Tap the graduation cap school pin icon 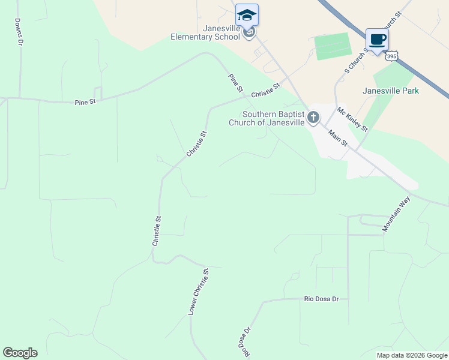tap(247, 15)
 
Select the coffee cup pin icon tap(376, 40)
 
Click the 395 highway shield tap(391, 56)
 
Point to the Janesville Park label tap(391, 91)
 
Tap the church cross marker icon tap(313, 118)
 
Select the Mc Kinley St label tap(352, 119)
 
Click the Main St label tap(338, 138)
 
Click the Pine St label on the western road tap(85, 103)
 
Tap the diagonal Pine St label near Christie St tap(235, 83)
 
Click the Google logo tap(20, 353)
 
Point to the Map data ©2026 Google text tap(412, 355)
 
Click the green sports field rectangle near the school tap(333, 46)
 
